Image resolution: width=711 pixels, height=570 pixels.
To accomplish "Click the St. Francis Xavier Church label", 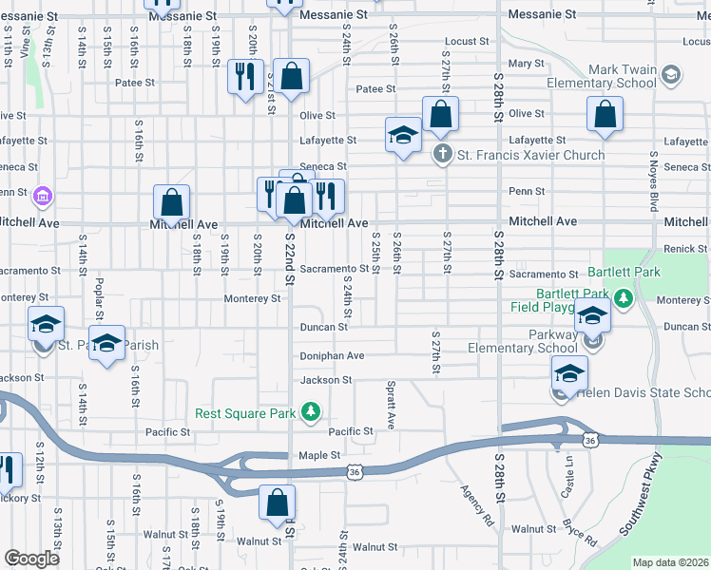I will [x=530, y=155].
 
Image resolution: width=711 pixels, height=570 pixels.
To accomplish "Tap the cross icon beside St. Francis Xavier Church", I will [x=442, y=154].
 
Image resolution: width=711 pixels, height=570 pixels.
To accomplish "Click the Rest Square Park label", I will [x=247, y=413].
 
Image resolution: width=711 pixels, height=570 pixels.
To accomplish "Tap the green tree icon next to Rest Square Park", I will [x=310, y=411].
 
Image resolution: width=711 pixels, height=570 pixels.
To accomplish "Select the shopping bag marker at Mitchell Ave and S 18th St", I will [x=171, y=201].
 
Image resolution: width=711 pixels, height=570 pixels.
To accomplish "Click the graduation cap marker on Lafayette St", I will [x=403, y=135].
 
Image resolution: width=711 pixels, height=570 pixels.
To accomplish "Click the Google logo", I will [x=32, y=559].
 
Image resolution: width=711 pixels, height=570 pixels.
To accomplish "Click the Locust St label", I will [x=466, y=42].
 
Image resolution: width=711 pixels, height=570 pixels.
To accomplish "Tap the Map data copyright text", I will [x=670, y=562].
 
